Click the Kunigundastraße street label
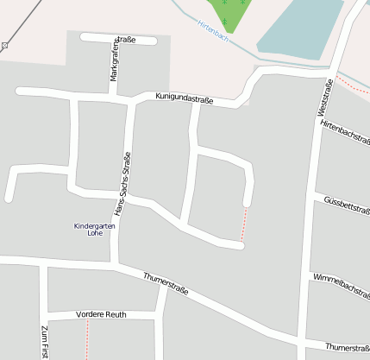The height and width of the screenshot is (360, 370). pos(184,98)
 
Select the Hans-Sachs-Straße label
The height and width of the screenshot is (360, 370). pos(123,183)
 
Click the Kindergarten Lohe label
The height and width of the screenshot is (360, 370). pos(94,230)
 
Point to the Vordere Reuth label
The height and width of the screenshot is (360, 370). pos(101,314)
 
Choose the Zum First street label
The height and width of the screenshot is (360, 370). pos(44,342)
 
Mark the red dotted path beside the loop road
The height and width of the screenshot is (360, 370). pos(245,223)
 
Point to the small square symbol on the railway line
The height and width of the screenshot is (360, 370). pos(5,44)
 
